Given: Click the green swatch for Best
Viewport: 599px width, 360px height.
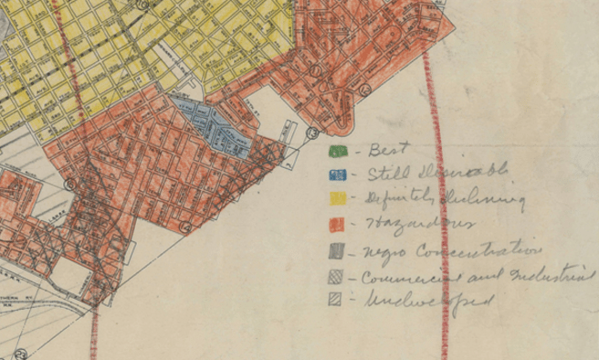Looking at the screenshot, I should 336,150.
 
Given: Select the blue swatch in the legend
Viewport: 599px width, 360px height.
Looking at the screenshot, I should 336,174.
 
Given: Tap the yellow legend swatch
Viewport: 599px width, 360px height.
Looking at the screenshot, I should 337,197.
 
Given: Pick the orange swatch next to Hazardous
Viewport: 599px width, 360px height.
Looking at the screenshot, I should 337,223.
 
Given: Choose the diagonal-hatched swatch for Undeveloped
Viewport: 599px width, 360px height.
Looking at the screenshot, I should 335,299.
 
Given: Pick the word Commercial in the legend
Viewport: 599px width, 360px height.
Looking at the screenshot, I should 401,276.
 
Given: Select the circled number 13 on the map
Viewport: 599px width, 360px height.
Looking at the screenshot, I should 311,132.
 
